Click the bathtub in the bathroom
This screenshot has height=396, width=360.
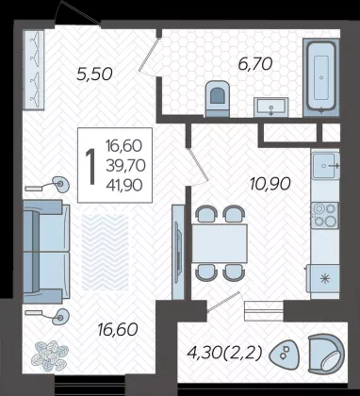coord(321,77)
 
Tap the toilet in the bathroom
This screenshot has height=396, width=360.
coord(217,99)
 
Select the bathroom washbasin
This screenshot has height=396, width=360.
coord(270,107)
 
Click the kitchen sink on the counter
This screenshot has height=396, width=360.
coord(325,165)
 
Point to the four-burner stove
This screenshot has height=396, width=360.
coord(325,215)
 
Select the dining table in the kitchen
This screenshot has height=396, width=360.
coord(220,243)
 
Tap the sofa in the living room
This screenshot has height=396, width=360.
coord(46,252)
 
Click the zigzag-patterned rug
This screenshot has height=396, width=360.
coord(106,252)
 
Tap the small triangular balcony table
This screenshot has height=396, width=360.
coord(285,355)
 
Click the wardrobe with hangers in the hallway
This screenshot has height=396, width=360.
coord(33,70)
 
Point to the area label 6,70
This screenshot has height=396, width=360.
coord(254,64)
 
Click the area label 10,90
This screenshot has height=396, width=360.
coord(270,184)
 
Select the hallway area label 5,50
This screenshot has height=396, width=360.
coord(94,74)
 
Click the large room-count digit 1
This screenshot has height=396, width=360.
coord(91,167)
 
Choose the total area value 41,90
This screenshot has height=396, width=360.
coord(124,186)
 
